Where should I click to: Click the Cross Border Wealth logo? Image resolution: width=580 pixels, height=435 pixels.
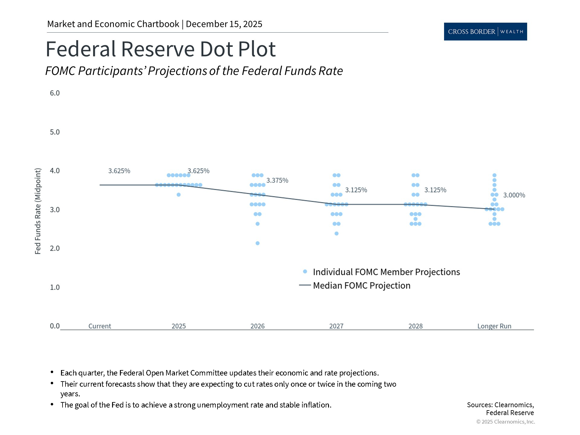point(485,31)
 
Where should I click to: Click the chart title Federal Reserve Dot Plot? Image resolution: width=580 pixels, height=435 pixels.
point(160,49)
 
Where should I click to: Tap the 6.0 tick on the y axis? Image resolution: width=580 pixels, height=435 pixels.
point(55,93)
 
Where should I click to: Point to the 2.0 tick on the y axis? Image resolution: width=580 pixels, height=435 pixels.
point(55,248)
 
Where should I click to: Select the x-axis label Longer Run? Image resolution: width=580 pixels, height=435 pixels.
point(494,326)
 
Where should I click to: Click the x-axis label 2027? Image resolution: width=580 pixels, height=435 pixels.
point(336,326)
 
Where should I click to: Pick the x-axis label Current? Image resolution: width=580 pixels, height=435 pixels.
point(100,326)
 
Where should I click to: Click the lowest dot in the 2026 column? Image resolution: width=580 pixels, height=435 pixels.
point(258,243)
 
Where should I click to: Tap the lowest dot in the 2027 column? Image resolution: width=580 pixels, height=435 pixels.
point(337,234)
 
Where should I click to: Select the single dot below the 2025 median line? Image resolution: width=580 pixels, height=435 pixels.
point(179,195)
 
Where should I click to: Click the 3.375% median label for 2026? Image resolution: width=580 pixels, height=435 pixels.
point(277,180)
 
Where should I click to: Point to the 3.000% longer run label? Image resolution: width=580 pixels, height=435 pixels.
point(514,195)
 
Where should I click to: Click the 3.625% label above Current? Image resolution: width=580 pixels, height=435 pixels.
point(119,171)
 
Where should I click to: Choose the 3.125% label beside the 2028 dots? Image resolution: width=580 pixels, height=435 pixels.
point(435,190)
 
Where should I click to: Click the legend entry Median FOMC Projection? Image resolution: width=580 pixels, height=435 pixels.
point(362,285)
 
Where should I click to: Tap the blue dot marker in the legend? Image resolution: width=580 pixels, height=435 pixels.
point(305,272)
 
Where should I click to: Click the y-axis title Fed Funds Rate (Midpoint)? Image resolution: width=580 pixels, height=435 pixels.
point(37,211)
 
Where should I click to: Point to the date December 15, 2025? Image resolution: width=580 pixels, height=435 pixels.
point(224,24)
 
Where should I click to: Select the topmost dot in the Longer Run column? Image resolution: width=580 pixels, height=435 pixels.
point(495,175)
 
